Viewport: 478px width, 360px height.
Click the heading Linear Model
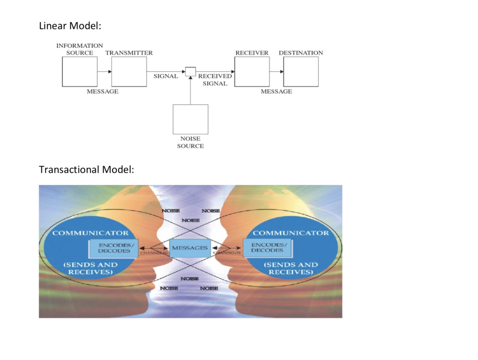[70, 27]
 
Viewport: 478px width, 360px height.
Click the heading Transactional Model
[86, 169]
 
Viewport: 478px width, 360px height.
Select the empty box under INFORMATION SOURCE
[79, 71]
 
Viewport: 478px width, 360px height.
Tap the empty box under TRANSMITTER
[129, 71]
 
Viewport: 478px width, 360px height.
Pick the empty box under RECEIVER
[252, 71]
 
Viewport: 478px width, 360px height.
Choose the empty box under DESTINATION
[301, 71]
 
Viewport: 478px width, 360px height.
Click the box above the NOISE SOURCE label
[190, 119]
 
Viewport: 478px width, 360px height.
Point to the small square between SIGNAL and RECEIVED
[190, 71]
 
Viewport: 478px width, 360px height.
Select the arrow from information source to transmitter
[104, 71]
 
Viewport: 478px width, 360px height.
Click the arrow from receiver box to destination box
[276, 71]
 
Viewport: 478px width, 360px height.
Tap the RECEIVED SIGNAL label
[215, 80]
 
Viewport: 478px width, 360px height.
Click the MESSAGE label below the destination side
[276, 92]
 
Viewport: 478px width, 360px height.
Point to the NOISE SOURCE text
[190, 142]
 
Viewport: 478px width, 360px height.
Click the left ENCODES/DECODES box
[113, 248]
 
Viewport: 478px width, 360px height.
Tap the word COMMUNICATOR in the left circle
[91, 233]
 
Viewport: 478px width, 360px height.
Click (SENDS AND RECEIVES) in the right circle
[291, 268]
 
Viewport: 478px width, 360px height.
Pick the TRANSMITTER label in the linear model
[129, 53]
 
